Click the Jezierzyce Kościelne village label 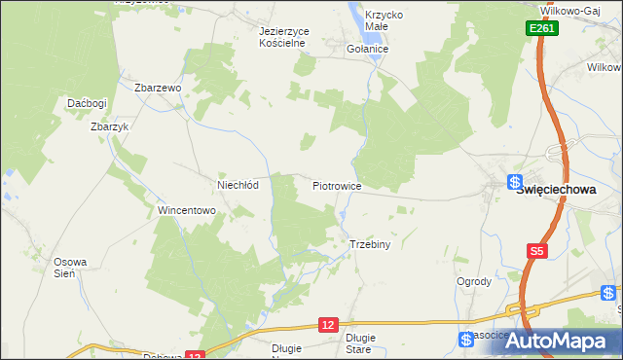283,37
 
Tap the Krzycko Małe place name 384,21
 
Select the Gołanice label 368,49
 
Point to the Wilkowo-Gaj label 573,9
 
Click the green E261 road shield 543,31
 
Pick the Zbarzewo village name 160,88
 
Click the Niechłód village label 237,185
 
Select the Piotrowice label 338,185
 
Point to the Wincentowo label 186,210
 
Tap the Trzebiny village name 369,245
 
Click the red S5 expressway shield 536,251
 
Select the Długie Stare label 359,342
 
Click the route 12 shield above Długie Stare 331,324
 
